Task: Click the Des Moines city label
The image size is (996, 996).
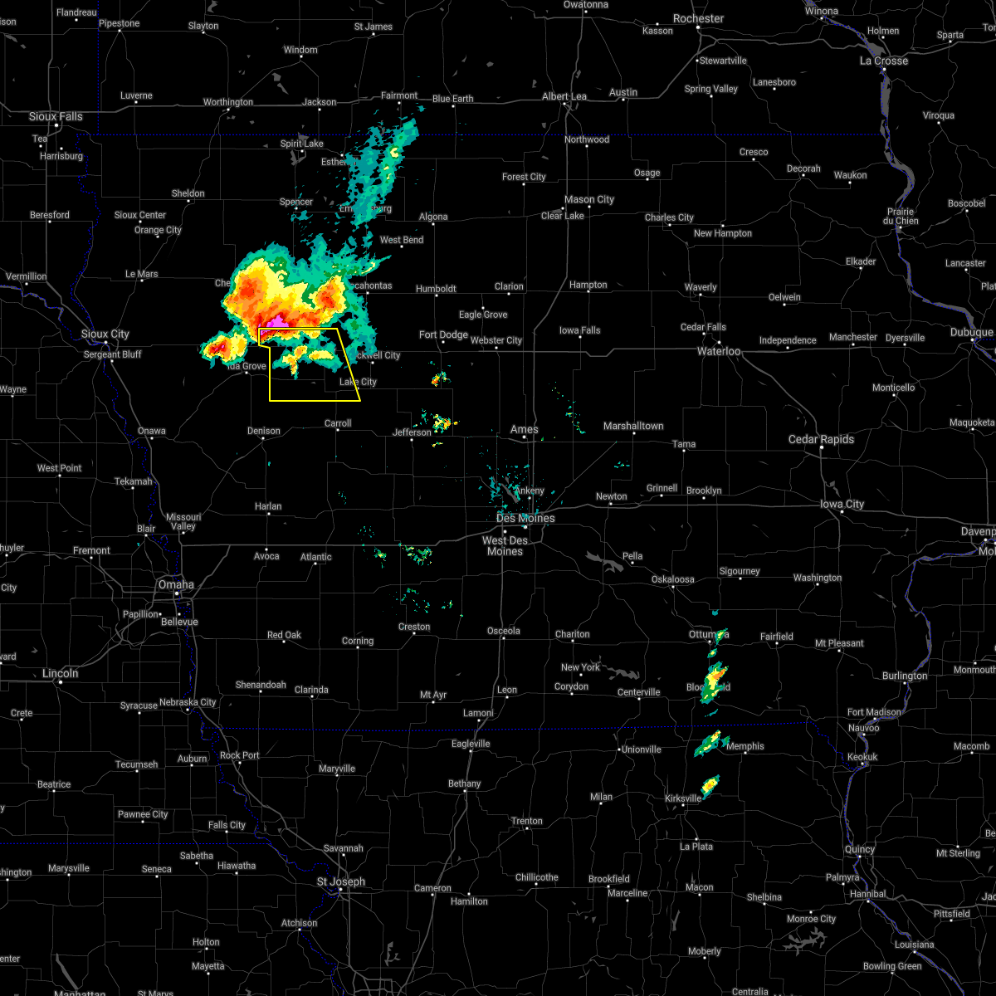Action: [x=525, y=518]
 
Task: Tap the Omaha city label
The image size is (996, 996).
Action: [x=176, y=584]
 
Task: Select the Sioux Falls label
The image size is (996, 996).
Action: [x=56, y=116]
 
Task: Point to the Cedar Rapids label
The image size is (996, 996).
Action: [x=821, y=439]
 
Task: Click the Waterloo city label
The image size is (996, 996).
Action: [x=719, y=351]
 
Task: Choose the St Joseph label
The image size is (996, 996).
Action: [x=341, y=881]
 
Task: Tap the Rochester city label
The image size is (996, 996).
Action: [x=698, y=18]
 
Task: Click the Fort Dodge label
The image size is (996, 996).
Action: [x=443, y=334]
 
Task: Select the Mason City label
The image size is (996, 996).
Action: [x=589, y=199]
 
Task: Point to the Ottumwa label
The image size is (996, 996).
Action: [x=708, y=635]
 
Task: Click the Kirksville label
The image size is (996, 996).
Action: [x=683, y=798]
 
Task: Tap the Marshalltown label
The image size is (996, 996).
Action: [x=633, y=426]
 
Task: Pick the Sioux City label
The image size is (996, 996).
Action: [x=105, y=334]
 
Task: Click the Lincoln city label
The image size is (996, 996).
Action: [x=61, y=673]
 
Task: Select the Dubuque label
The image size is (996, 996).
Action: [x=972, y=332]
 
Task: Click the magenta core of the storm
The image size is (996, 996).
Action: [x=275, y=320]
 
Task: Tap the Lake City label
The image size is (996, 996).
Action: [x=358, y=382]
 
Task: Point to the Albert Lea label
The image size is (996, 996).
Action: [x=564, y=96]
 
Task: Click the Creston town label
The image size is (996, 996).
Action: [x=414, y=627]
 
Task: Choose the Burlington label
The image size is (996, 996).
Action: [x=905, y=676]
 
